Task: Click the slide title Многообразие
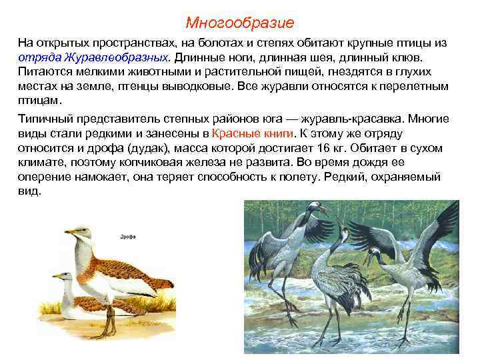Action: [x=240, y=23]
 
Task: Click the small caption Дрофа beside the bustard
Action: [x=128, y=236]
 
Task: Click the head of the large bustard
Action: [x=82, y=234]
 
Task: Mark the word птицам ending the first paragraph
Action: [x=39, y=101]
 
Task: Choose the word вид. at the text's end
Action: [x=29, y=191]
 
